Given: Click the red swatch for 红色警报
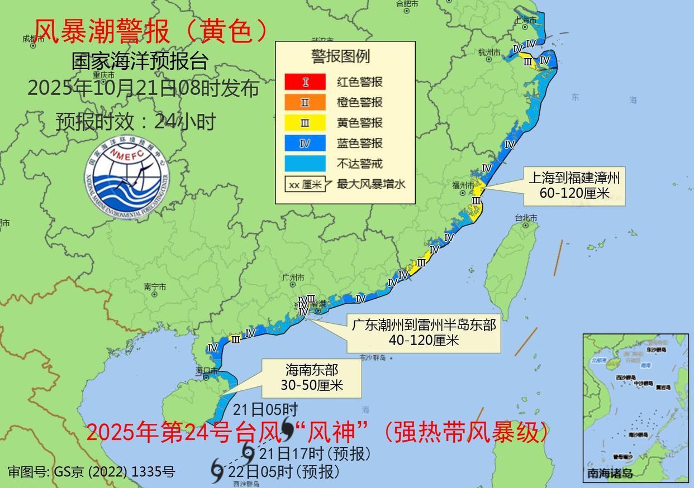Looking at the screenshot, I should (x=305, y=82).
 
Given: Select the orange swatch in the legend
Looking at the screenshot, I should (x=305, y=102).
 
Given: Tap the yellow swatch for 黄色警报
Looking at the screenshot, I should (x=305, y=123).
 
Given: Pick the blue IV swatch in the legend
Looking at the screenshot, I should (x=305, y=143).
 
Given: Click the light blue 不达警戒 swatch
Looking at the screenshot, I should (x=305, y=164).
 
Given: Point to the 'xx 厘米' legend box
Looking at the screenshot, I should (x=305, y=184).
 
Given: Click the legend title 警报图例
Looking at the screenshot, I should (x=340, y=56).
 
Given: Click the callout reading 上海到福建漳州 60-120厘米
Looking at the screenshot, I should (x=574, y=186).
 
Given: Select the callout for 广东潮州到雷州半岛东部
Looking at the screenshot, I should (x=423, y=332).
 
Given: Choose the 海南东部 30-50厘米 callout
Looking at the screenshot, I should (x=312, y=377).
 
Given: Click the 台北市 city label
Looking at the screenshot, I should (x=526, y=218).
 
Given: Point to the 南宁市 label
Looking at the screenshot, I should (x=155, y=287).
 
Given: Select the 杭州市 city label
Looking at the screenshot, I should (x=489, y=52).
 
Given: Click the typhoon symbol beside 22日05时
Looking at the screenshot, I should (x=217, y=471).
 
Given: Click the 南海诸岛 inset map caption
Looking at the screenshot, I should (x=610, y=473).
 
